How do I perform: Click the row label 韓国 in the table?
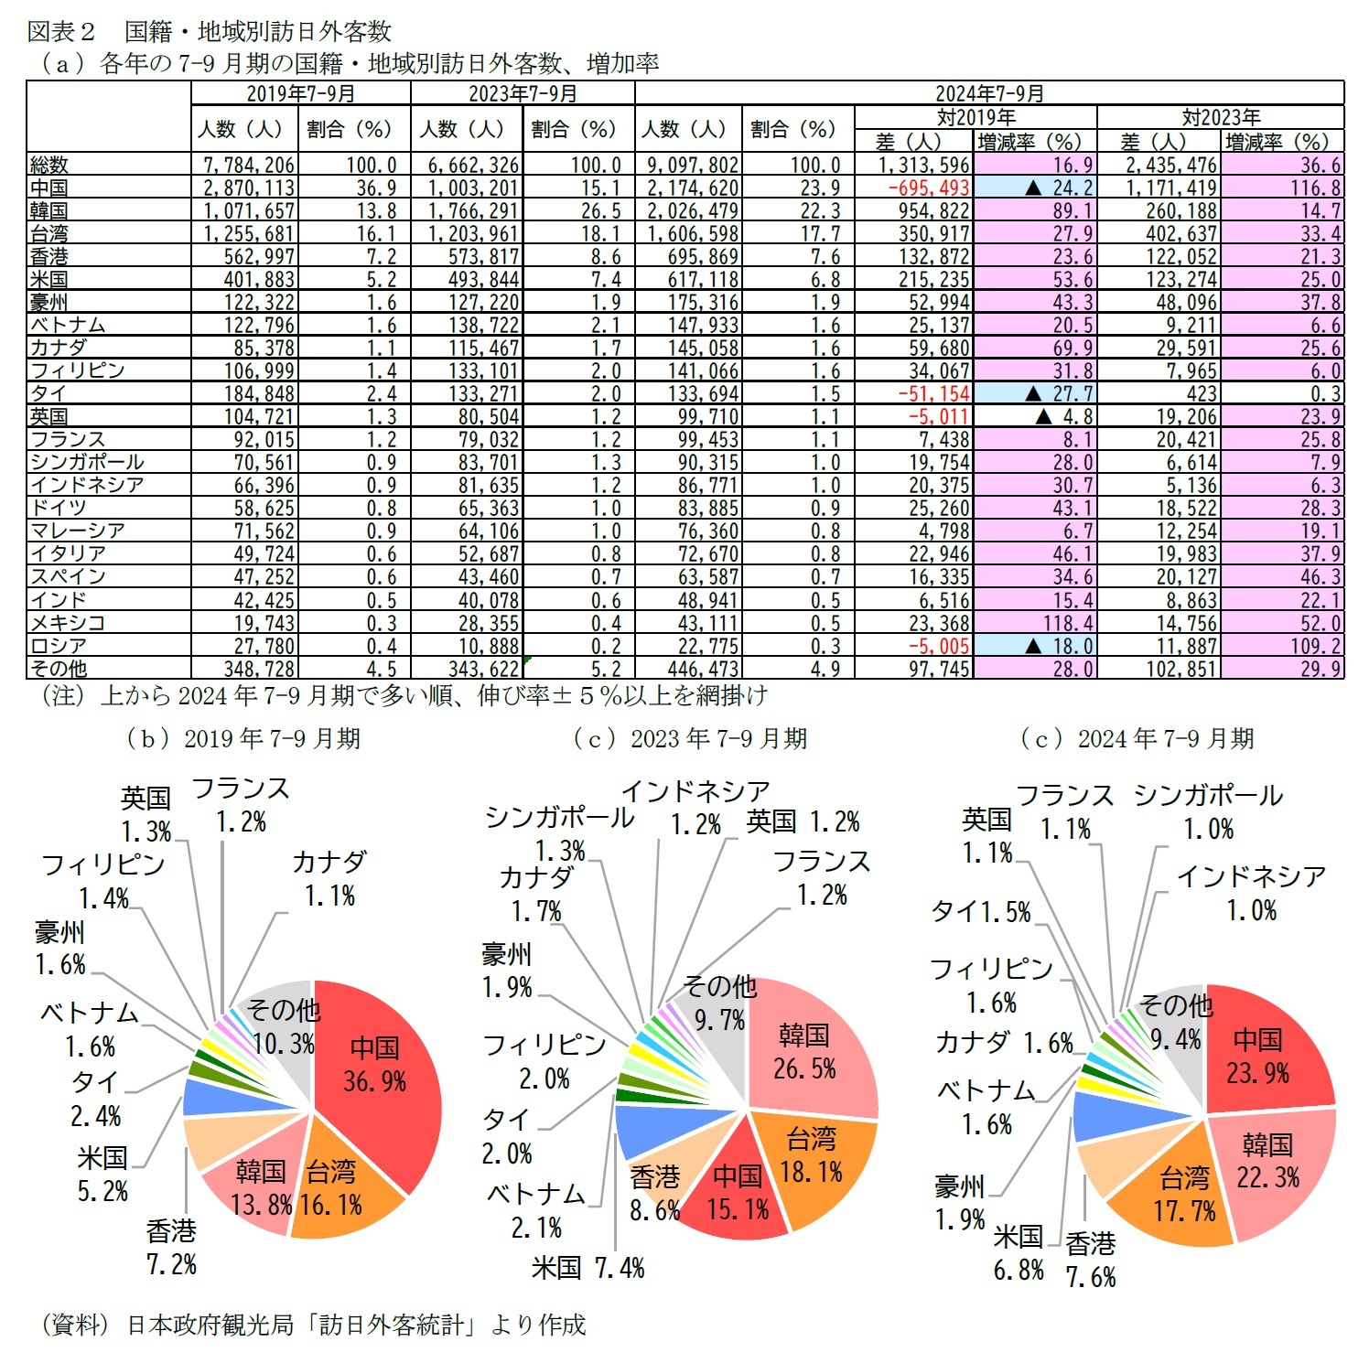[49, 210]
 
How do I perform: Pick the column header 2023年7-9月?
[523, 93]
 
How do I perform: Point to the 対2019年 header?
[976, 117]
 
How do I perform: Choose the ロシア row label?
[59, 646]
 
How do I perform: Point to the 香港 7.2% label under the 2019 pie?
[171, 1248]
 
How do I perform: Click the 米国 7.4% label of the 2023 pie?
[587, 1267]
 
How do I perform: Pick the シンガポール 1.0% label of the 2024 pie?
[1208, 811]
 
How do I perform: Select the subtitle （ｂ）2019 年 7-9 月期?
[243, 738]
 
